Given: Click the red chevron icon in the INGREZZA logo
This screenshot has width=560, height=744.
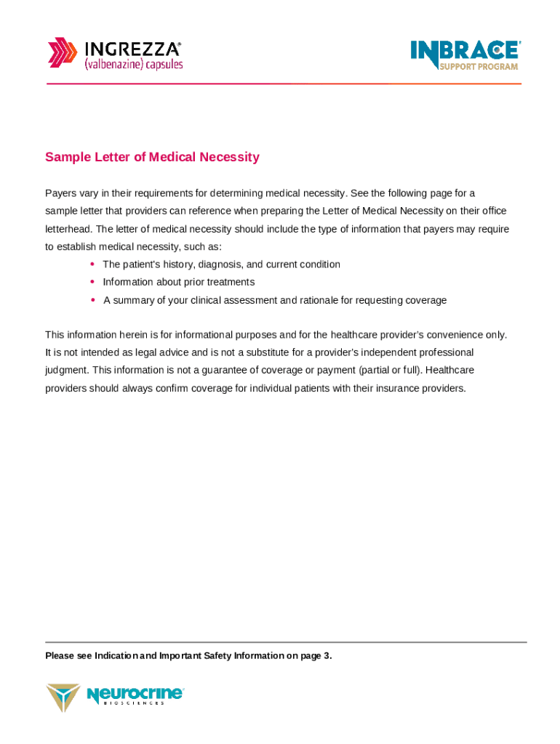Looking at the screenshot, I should click(x=62, y=53).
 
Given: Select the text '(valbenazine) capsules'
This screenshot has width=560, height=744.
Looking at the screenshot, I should click(x=134, y=65).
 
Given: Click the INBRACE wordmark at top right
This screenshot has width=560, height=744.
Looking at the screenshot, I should click(x=465, y=50).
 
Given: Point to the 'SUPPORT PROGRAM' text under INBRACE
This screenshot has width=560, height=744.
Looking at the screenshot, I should click(x=479, y=67).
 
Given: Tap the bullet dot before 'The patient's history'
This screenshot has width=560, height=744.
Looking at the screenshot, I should click(x=93, y=264).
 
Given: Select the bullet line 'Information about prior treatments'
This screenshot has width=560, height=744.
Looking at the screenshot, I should click(x=178, y=282).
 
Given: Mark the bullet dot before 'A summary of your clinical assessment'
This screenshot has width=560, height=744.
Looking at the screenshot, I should click(x=93, y=299).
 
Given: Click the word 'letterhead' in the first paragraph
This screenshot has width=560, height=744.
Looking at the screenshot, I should click(x=67, y=229).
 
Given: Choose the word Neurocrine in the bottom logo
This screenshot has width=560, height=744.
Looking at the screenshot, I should click(x=135, y=695).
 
